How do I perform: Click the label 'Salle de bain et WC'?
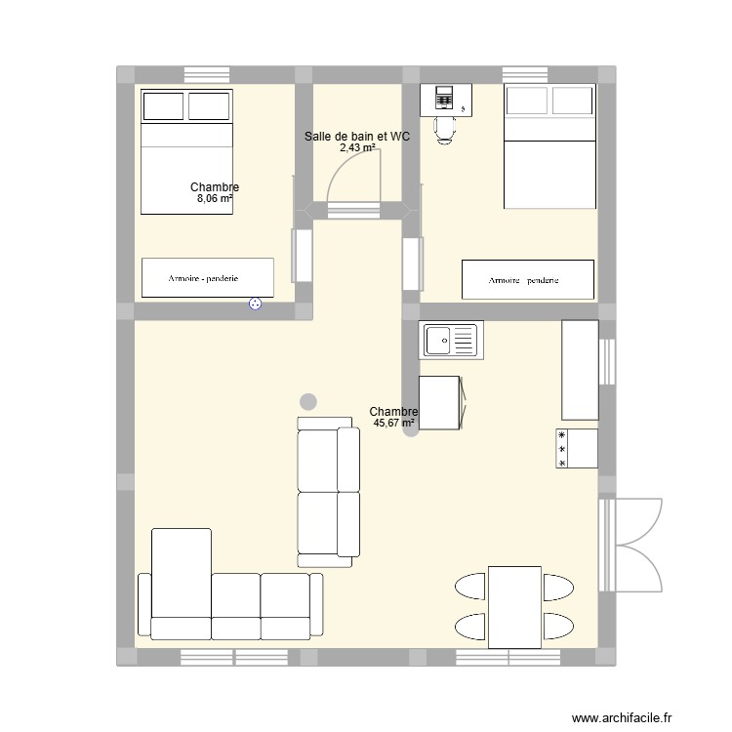356,137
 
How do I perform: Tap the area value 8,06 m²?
215,199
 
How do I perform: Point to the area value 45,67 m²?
393,424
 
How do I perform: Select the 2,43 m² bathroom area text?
357,148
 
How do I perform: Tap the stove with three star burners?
577,449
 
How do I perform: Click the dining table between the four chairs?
514,606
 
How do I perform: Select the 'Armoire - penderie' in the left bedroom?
207,277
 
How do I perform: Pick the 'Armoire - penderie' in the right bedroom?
527,279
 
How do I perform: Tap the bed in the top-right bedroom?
549,146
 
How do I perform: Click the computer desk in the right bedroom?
446,99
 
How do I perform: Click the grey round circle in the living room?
308,400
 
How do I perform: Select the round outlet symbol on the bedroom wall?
256,305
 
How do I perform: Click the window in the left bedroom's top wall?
206,74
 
